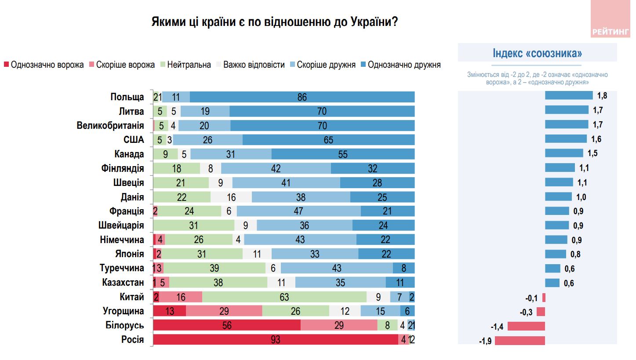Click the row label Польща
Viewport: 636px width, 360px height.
tap(127, 97)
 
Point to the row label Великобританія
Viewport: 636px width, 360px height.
tap(110, 126)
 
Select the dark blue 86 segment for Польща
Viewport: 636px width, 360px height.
tap(302, 97)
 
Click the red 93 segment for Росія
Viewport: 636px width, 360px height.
tap(276, 339)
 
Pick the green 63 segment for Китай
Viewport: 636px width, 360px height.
tap(284, 297)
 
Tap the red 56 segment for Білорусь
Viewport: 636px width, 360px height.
tap(227, 325)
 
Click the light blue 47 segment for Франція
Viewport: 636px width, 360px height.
tap(298, 211)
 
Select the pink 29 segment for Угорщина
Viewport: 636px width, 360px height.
tap(224, 311)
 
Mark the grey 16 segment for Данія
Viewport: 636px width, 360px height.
tap(231, 197)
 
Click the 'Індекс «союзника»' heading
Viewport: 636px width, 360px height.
tap(537, 54)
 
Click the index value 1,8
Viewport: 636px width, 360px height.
tap(602, 95)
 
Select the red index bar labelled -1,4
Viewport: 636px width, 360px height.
tap(527, 326)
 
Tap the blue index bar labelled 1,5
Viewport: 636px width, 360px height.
tap(564, 153)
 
